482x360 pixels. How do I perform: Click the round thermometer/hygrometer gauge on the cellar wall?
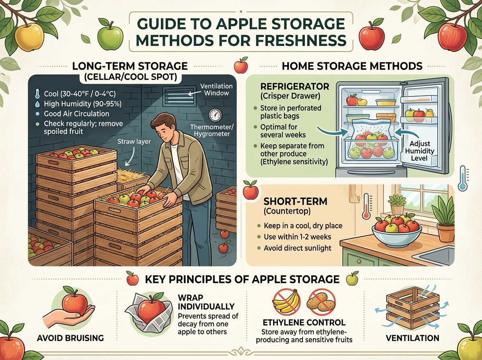(x=215, y=115)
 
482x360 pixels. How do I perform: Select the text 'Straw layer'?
(x=134, y=141)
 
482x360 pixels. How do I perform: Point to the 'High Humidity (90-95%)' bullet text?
(x=83, y=104)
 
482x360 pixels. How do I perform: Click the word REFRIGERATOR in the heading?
(x=295, y=86)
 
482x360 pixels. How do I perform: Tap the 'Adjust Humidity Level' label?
(x=419, y=151)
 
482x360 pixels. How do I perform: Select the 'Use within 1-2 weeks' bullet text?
(x=297, y=237)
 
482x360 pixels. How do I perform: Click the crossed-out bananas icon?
(x=286, y=303)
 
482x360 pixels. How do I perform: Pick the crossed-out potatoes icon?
(x=321, y=303)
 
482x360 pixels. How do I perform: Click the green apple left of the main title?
(x=110, y=36)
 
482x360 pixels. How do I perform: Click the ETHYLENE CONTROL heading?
(x=304, y=323)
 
